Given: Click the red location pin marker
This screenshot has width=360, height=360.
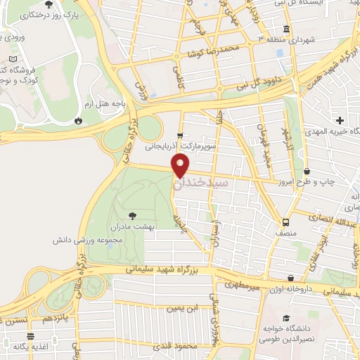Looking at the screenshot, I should [181, 166].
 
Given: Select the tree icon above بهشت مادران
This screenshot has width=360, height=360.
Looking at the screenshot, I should [132, 215].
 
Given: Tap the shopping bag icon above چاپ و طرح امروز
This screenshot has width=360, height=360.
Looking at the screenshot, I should [307, 172].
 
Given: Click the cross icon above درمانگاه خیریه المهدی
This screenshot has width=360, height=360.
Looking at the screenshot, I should [340, 121].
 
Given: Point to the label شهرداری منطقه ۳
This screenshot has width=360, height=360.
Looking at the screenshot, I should [289, 39].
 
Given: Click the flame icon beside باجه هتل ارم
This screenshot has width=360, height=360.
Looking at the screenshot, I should [77, 120].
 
